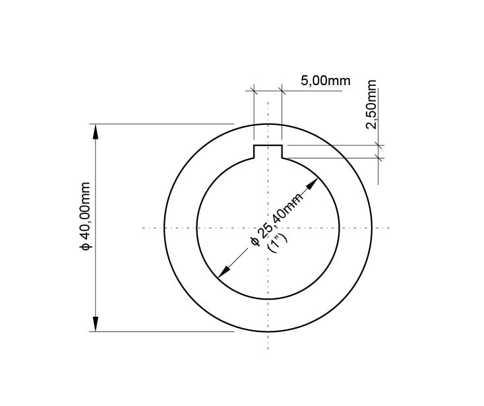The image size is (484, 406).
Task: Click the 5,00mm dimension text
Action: [325, 81]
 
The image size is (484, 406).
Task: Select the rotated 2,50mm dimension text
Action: [371, 106]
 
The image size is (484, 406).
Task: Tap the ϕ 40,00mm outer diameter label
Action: [85, 215]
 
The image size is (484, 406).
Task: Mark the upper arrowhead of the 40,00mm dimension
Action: [96, 131]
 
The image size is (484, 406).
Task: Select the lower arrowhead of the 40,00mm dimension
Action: [96, 324]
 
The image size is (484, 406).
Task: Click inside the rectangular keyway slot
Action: [268, 152]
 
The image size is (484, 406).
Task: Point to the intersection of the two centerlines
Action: [268, 228]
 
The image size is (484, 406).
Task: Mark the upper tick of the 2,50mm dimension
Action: [378, 145]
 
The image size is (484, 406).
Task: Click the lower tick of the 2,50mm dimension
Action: [378, 157]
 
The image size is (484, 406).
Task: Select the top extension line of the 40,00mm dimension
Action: [165, 123]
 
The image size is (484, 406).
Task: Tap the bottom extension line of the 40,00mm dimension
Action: [165, 332]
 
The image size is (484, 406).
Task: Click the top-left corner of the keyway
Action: [255, 145]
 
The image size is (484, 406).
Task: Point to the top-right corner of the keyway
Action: [282, 145]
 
